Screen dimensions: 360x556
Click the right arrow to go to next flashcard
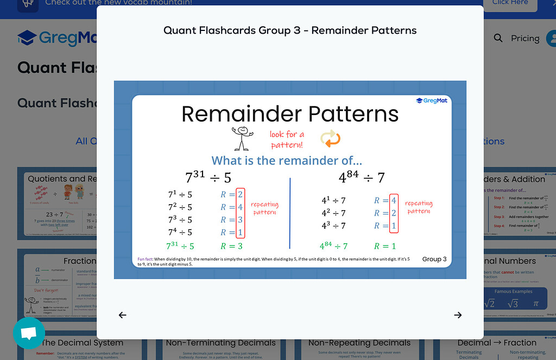(x=458, y=315)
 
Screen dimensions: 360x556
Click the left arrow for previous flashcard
(x=123, y=315)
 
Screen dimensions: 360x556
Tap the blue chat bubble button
(x=29, y=333)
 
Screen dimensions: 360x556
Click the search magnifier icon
(x=498, y=38)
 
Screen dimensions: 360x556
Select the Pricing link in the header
(x=525, y=38)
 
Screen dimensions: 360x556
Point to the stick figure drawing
(x=242, y=138)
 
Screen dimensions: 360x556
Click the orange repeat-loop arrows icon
(x=330, y=138)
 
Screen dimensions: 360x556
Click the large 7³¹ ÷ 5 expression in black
(x=208, y=177)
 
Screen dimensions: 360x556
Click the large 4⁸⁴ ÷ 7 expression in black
(x=361, y=177)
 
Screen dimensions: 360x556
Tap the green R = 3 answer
(x=232, y=247)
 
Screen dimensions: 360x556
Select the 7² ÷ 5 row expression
(x=180, y=207)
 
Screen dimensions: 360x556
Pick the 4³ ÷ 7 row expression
(x=333, y=225)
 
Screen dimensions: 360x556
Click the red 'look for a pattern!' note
(x=287, y=140)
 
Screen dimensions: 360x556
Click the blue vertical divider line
(x=290, y=213)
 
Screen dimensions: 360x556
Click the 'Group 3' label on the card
(x=434, y=259)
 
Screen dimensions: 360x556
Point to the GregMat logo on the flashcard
(x=431, y=100)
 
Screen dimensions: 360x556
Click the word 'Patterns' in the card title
(x=347, y=114)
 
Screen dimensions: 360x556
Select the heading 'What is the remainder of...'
(x=287, y=160)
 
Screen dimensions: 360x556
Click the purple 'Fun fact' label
(x=145, y=259)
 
